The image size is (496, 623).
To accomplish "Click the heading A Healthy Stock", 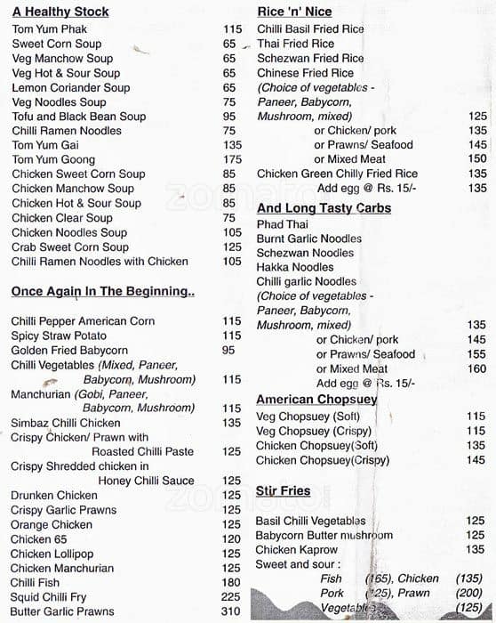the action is tap(60, 12).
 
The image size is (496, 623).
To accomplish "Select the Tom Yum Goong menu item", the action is tap(54, 159).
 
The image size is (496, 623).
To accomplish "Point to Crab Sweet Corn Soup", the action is tap(69, 247).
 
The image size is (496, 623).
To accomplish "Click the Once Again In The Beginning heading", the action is tap(102, 291).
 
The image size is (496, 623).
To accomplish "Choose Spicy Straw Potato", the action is tap(59, 336).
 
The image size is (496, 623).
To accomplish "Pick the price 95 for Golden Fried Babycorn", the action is tap(228, 350).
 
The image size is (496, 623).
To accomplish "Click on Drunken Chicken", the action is tap(54, 495).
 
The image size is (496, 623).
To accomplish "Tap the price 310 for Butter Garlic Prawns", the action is tap(231, 611).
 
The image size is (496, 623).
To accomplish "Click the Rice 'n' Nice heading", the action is tap(294, 12).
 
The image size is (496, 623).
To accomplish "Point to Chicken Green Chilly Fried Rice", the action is tap(337, 174).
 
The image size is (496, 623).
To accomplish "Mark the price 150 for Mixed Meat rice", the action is tap(477, 159).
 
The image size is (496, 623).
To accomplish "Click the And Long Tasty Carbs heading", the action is tap(324, 208).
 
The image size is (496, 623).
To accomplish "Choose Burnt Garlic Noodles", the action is tap(309, 239).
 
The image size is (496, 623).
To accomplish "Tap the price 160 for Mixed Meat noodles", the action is tap(477, 368).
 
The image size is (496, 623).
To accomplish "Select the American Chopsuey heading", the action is tap(316, 400).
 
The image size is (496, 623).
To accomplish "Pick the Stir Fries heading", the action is tap(283, 490).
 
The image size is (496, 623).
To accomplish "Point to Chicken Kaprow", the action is tap(296, 549).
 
